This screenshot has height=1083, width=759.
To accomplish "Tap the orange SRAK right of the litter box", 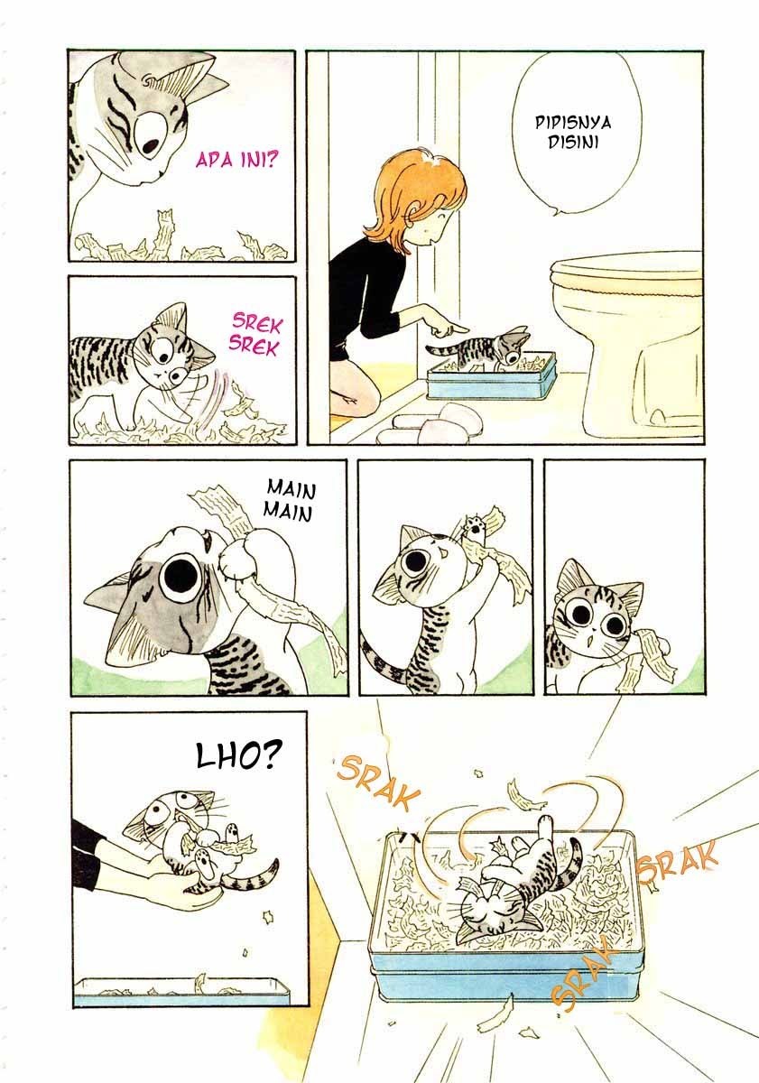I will coord(678,862).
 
